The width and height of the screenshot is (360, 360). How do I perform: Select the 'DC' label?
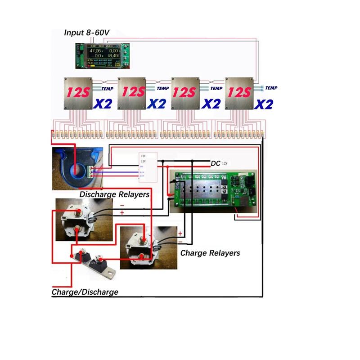coord(216,164)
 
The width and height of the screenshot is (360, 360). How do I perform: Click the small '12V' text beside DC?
coord(225,163)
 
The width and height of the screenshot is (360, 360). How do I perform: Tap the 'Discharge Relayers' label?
coord(114,194)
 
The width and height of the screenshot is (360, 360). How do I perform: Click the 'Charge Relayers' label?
coord(210,253)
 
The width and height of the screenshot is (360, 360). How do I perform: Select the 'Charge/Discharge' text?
coord(85,292)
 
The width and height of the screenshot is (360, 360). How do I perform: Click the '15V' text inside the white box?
coord(144,161)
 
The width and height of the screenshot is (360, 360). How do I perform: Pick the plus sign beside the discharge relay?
coord(122,212)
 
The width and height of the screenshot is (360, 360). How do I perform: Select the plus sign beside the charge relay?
coord(180,234)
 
